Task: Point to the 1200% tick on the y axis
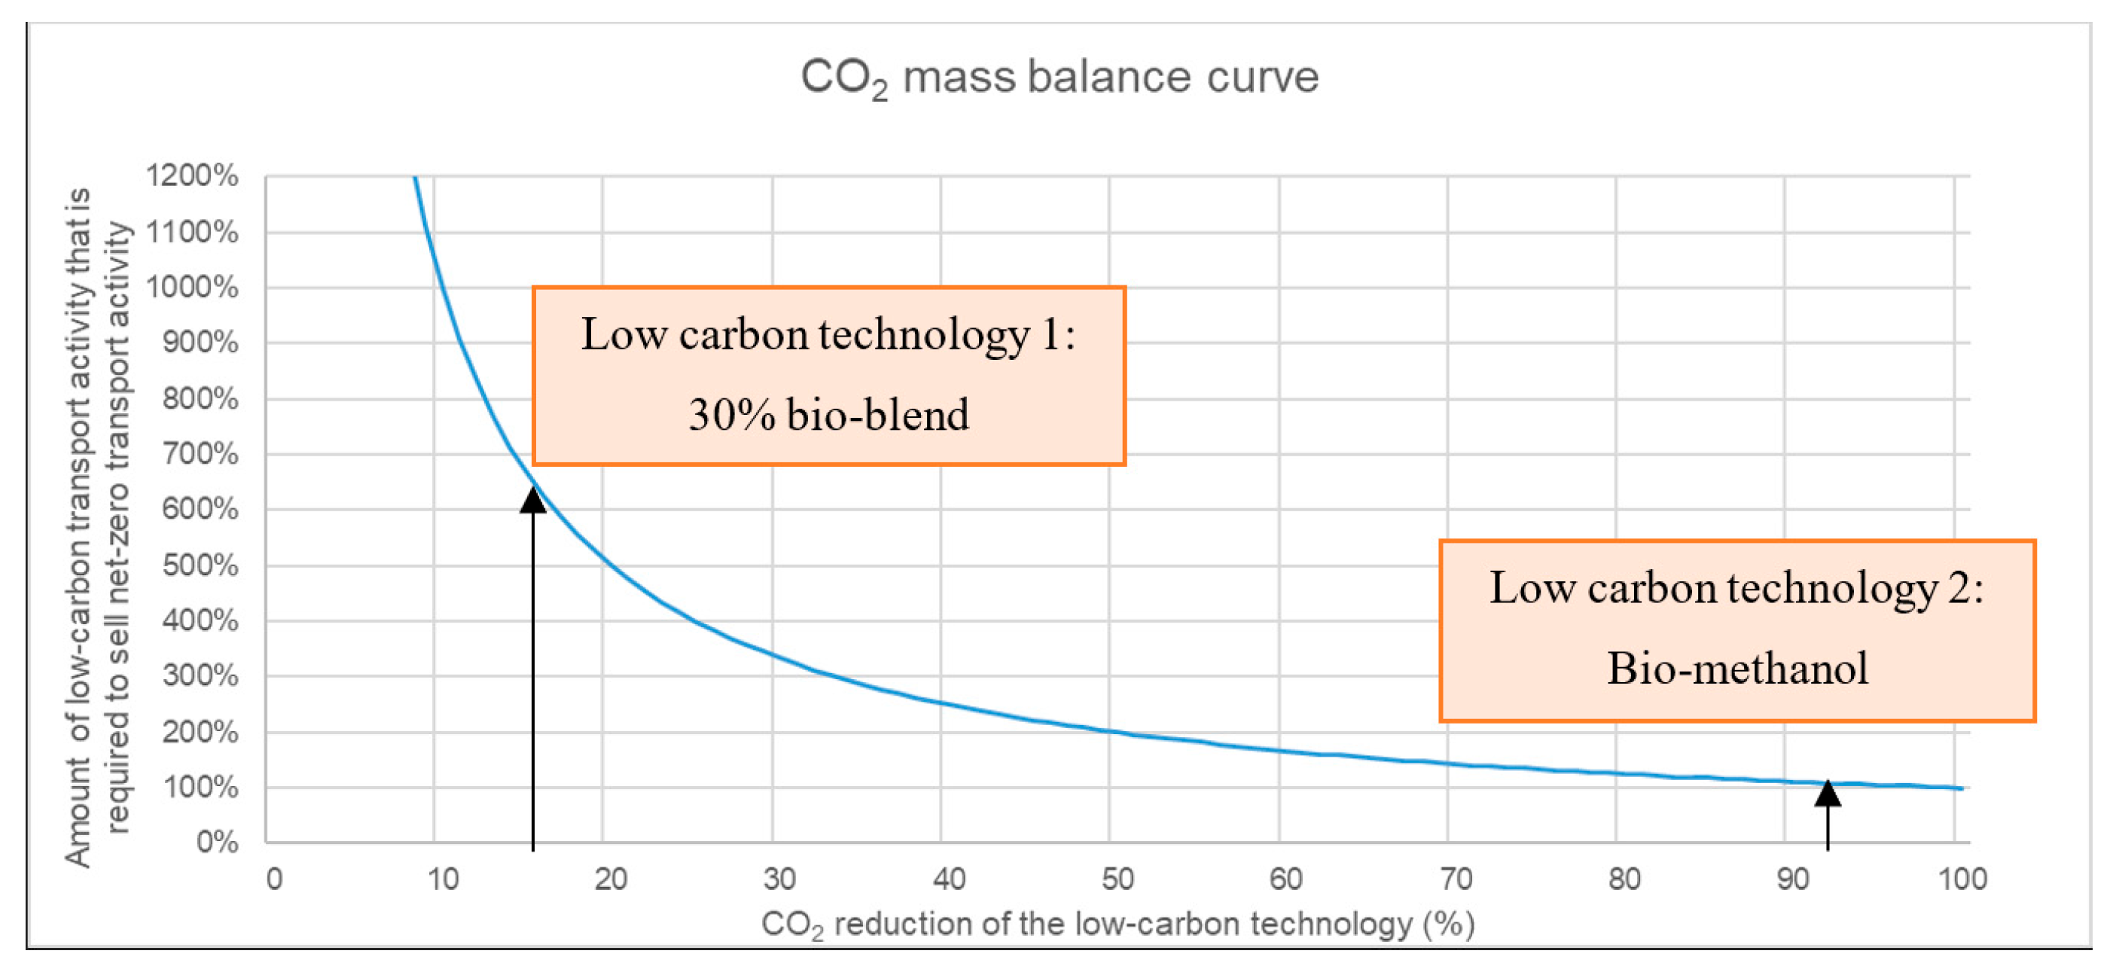pos(192,175)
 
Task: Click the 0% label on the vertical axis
pos(217,843)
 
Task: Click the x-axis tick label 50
pos(1117,879)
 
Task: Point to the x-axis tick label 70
pos(1455,879)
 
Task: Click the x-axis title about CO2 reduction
pos(1117,925)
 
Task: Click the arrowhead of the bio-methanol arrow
pos(1827,793)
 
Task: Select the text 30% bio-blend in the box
pos(828,415)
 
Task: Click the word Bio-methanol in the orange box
pos(1736,669)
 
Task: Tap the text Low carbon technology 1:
pos(828,336)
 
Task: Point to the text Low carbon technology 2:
pos(1736,589)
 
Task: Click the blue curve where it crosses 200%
pos(1110,731)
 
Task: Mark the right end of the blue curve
pos(1960,788)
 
